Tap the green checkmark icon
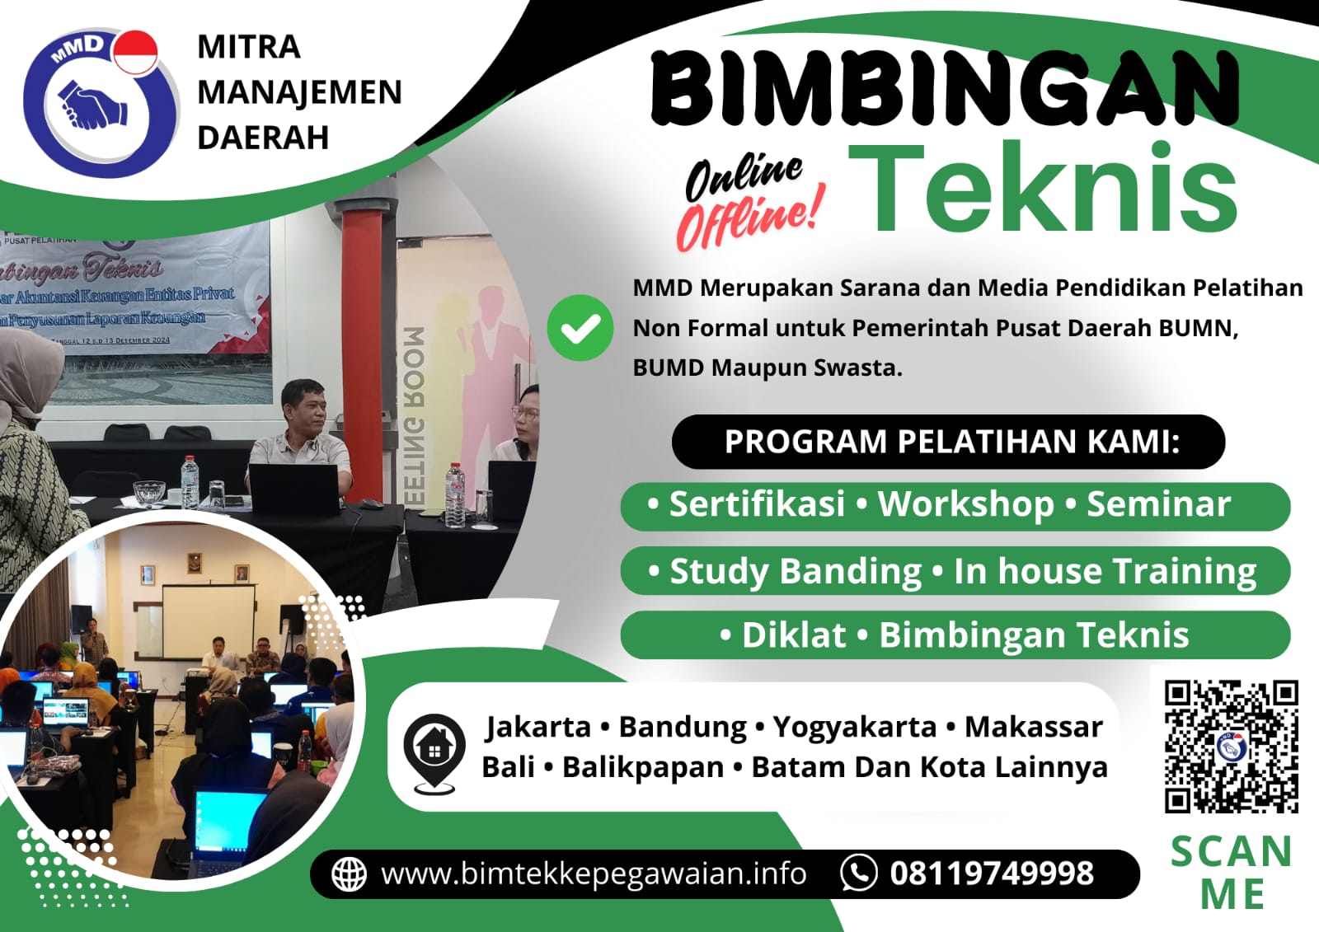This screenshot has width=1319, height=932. click(x=580, y=328)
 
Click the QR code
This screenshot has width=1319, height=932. click(x=1231, y=747)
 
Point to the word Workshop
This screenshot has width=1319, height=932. click(x=965, y=504)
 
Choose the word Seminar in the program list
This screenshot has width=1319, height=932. click(x=1158, y=504)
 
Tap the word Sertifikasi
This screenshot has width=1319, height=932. click(x=757, y=504)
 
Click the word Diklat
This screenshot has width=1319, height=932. click(x=793, y=635)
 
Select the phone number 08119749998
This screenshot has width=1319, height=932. click(x=992, y=873)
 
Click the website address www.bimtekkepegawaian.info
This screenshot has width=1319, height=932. click(x=594, y=873)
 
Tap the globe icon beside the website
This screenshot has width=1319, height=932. click(x=349, y=874)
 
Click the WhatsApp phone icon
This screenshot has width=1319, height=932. click(x=858, y=873)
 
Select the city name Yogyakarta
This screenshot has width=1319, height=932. click(x=855, y=727)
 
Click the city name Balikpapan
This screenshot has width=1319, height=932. click(x=643, y=767)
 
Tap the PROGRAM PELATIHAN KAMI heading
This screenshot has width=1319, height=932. click(x=952, y=442)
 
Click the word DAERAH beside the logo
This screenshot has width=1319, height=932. click(x=263, y=138)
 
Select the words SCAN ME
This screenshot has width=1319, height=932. click(x=1232, y=873)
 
